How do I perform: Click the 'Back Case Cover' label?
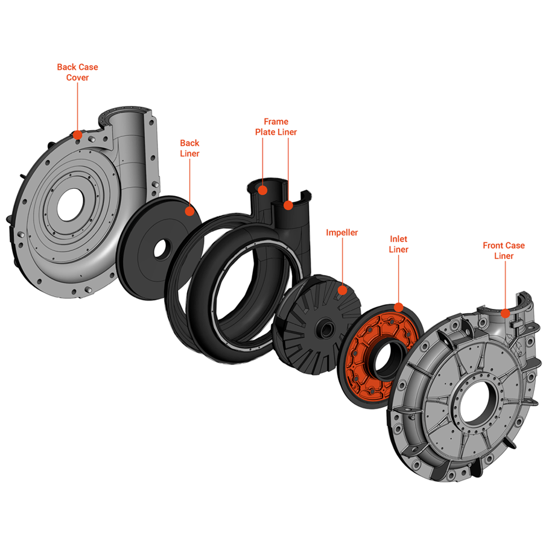77,72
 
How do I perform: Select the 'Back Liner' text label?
189,148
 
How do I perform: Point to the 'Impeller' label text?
342,232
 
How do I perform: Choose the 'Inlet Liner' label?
398,244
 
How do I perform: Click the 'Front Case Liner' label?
504,250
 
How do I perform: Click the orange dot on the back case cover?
77,134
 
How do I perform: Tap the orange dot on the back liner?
189,211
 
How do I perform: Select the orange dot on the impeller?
342,290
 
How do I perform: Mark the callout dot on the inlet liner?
398,306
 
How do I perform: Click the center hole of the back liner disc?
162,247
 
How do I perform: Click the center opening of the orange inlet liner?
384,359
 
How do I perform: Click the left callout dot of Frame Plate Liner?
262,190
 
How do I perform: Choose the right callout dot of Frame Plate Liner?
288,205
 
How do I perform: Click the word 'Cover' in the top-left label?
77,78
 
